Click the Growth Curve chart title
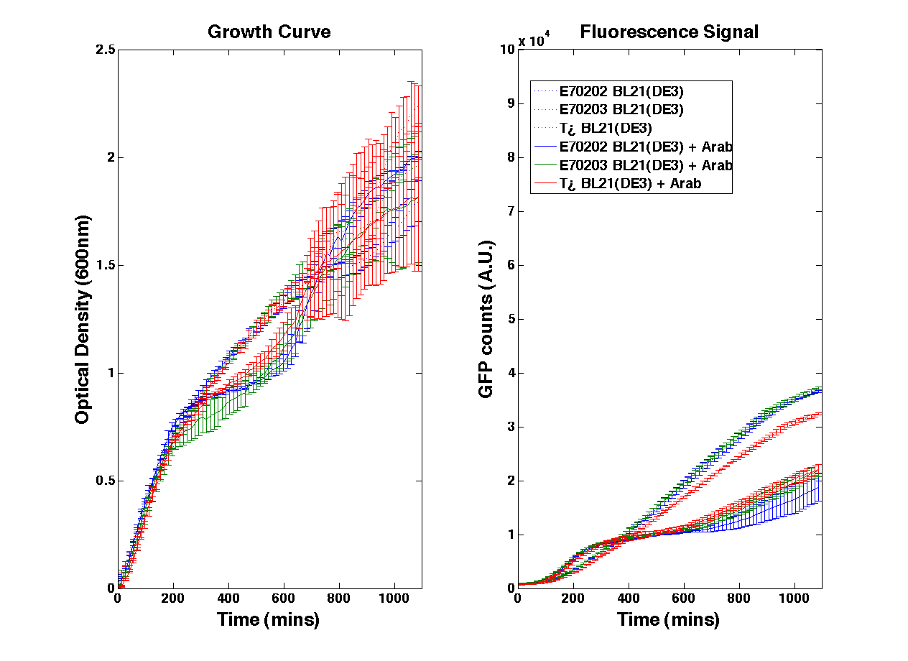[269, 32]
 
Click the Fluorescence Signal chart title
[669, 32]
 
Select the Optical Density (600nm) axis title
[83, 319]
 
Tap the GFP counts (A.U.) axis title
[486, 319]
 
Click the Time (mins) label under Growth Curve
[269, 619]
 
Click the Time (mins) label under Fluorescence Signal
[668, 619]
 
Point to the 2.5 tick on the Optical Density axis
[106, 50]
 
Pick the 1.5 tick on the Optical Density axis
[106, 265]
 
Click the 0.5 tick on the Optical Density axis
[106, 481]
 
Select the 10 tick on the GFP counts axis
[507, 50]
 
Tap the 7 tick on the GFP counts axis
[510, 211]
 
